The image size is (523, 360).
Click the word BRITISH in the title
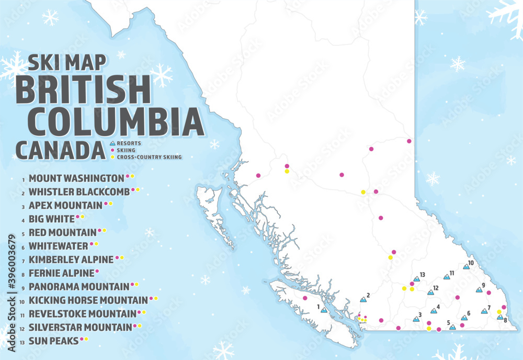click(x=84, y=89)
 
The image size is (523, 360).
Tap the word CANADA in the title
click(x=60, y=150)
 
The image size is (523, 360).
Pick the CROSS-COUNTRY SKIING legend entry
click(x=149, y=156)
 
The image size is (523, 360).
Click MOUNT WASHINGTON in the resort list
click(x=76, y=178)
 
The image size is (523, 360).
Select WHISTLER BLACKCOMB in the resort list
click(x=79, y=192)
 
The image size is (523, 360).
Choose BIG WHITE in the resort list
click(x=51, y=219)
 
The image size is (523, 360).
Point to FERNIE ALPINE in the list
click(x=61, y=273)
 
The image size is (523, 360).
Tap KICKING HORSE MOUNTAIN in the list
click(x=88, y=300)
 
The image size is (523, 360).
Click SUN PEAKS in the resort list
click(x=53, y=341)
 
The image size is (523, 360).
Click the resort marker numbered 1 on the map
click(x=324, y=310)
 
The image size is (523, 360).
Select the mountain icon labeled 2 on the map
click(x=364, y=299)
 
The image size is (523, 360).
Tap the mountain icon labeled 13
click(x=416, y=279)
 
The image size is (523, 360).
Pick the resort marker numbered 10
click(x=465, y=267)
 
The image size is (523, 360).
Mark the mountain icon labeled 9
click(x=479, y=289)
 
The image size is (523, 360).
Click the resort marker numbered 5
click(x=452, y=327)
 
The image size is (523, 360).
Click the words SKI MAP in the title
click(x=67, y=62)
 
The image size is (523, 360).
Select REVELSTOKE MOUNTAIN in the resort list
click(x=82, y=314)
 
